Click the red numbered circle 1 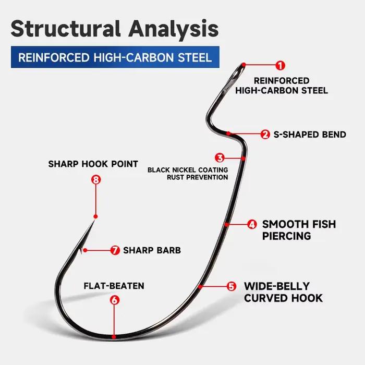click(281, 65)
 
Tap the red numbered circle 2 click(265, 135)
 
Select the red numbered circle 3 click(220, 158)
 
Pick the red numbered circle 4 click(252, 224)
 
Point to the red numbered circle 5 click(231, 286)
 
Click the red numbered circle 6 click(115, 300)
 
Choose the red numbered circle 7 click(115, 250)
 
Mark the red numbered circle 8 click(96, 179)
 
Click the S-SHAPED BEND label click(310, 135)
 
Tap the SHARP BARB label click(152, 250)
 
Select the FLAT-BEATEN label click(114, 286)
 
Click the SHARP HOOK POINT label click(93, 164)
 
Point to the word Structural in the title click(66, 28)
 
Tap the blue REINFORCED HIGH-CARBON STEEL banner click(115, 57)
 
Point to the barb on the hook click(80, 250)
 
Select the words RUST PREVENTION click(198, 177)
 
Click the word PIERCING click(287, 236)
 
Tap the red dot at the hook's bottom click(114, 337)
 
